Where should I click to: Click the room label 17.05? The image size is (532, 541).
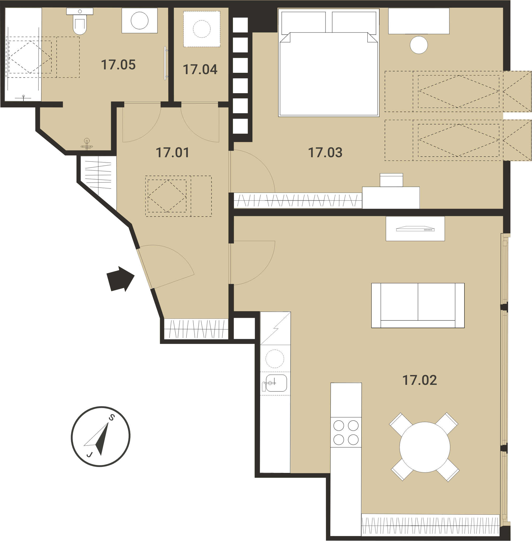[118, 65]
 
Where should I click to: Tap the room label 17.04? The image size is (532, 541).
[200, 70]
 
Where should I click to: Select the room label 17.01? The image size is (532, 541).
[172, 152]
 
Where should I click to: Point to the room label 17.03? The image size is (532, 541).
[325, 152]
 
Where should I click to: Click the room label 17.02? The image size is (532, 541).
[419, 380]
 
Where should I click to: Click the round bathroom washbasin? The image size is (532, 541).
[140, 20]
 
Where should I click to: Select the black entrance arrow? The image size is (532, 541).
[121, 279]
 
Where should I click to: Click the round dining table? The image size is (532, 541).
[424, 447]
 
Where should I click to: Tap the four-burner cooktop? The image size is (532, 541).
[346, 432]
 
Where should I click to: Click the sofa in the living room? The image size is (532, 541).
[418, 305]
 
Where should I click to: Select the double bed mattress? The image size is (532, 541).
[329, 74]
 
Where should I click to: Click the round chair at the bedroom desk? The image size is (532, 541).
[419, 45]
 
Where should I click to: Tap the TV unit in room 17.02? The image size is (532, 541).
[415, 229]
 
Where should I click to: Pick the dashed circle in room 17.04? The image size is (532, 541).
[202, 29]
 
